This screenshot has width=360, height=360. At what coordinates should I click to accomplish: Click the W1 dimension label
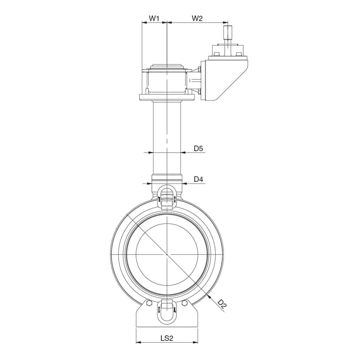coord(154,18)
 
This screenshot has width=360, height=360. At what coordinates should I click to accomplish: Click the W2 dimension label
coord(197,18)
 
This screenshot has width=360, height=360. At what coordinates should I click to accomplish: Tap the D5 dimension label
coord(198,148)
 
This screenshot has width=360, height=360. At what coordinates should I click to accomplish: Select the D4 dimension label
coord(198,179)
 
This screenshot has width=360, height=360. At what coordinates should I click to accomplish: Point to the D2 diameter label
coord(222,304)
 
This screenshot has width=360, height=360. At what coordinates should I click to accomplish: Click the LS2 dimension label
coord(167,338)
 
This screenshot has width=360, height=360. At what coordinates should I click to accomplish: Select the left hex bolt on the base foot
coord(149,303)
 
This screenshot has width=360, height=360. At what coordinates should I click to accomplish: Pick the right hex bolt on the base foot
coord(184,303)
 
